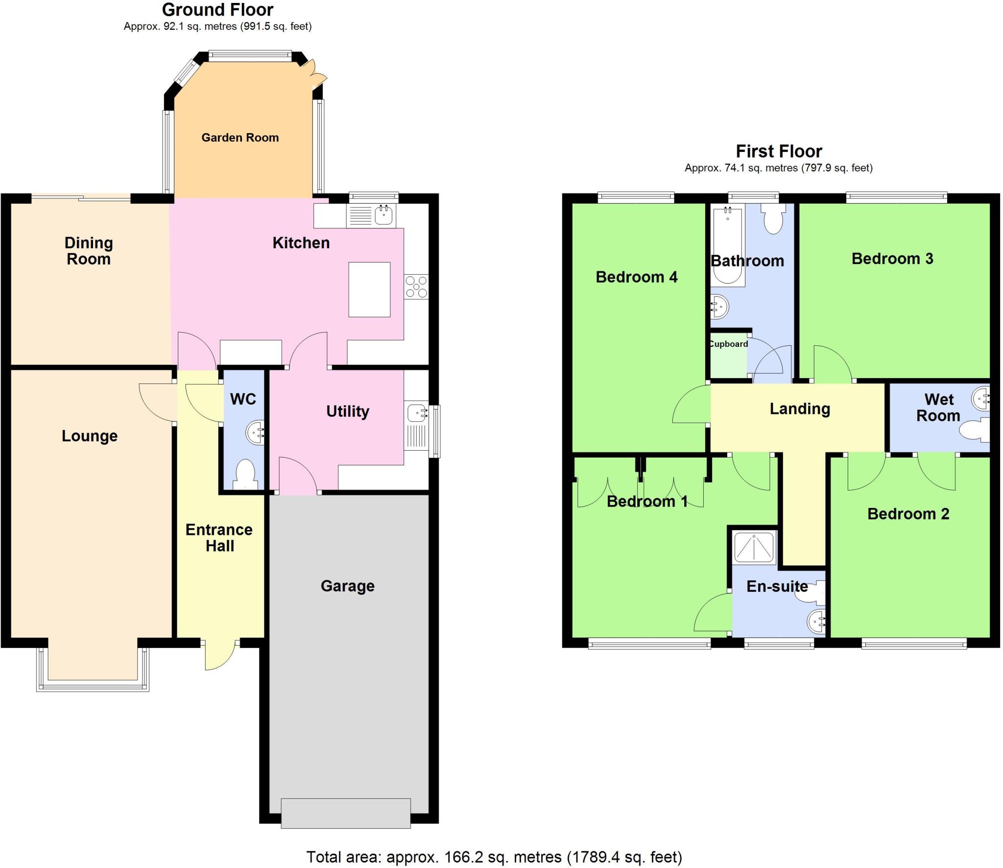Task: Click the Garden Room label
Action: (x=240, y=138)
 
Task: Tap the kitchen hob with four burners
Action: (x=416, y=287)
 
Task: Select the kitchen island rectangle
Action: (x=369, y=289)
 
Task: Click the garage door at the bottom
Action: (x=346, y=813)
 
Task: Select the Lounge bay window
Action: (x=93, y=683)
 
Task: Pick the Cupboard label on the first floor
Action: (x=728, y=344)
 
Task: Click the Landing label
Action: (x=800, y=409)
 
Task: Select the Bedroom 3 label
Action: (x=892, y=259)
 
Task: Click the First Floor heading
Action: (x=779, y=151)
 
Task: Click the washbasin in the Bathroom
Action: (x=719, y=307)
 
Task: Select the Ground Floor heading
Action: (x=217, y=9)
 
